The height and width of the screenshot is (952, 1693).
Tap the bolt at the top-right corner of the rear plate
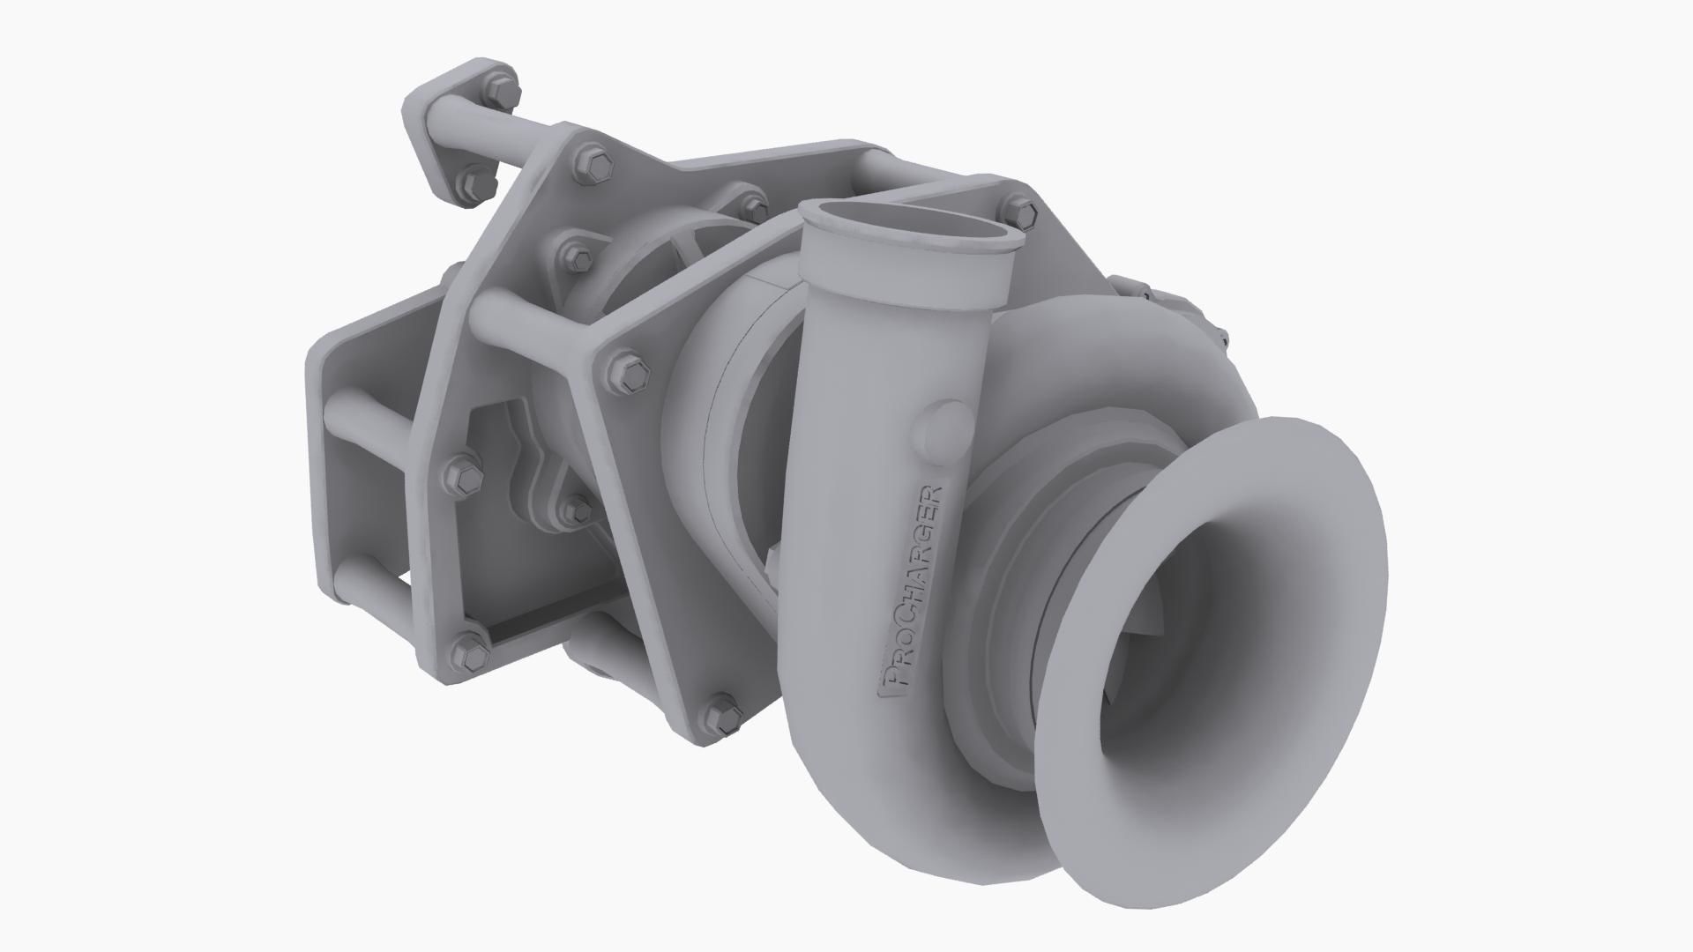pos(1021,211)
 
